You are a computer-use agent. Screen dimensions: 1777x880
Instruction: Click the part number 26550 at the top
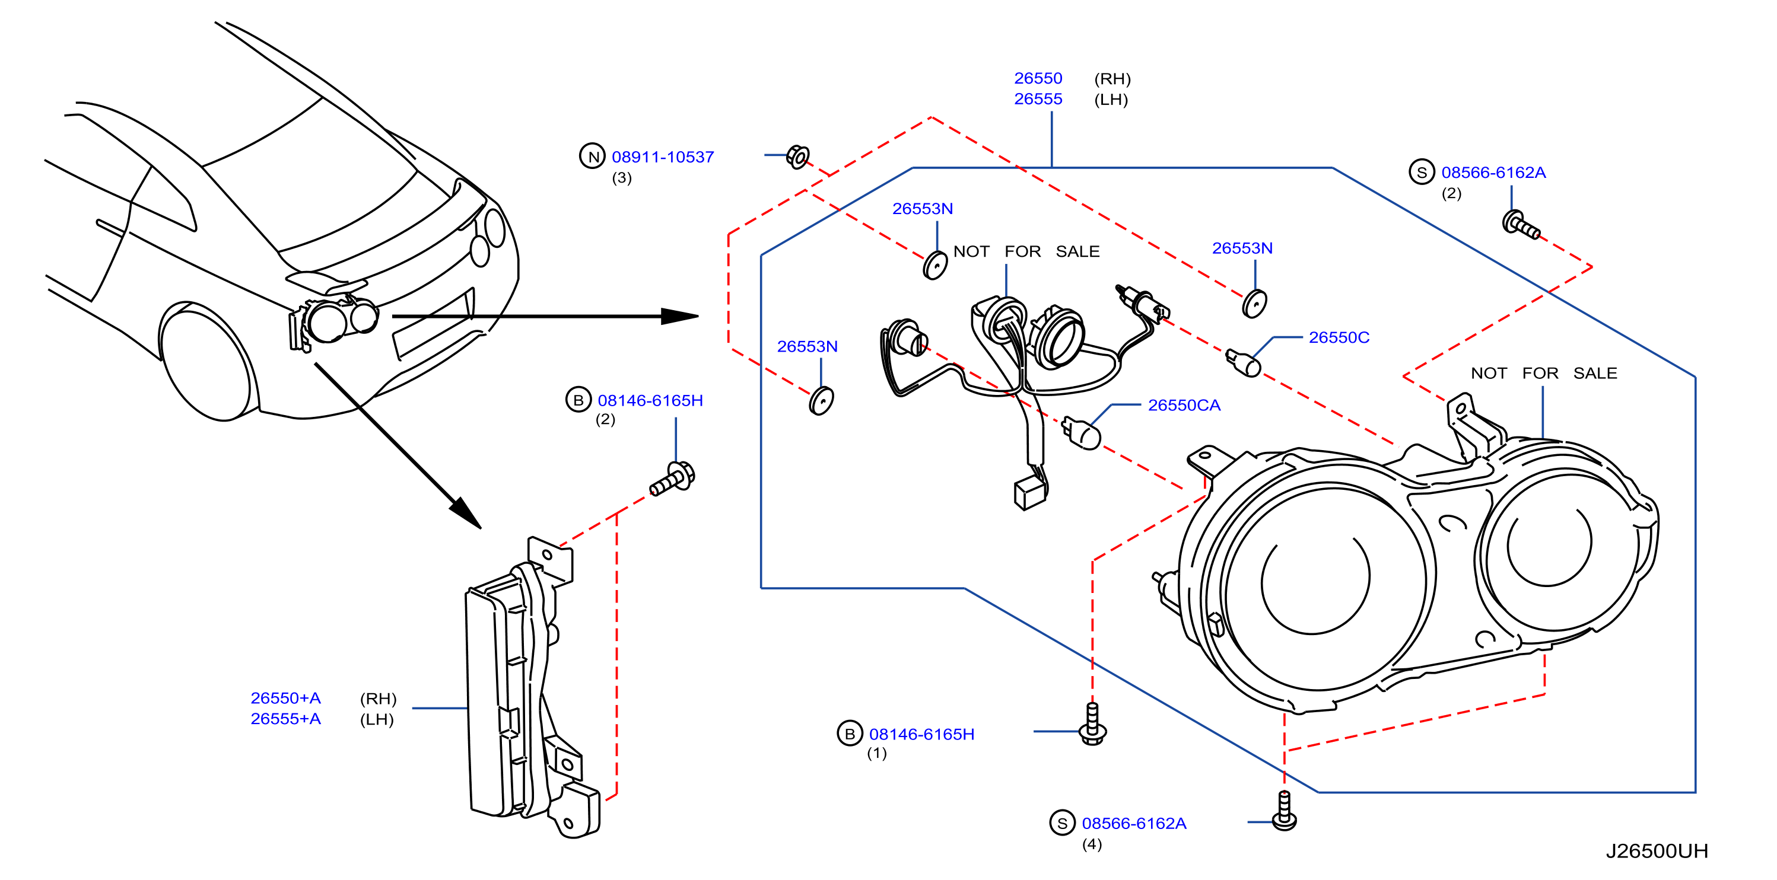pyautogui.click(x=1038, y=79)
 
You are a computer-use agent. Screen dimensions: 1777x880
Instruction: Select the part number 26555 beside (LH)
pyautogui.click(x=1038, y=99)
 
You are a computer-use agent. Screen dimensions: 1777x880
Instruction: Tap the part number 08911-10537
pyautogui.click(x=662, y=157)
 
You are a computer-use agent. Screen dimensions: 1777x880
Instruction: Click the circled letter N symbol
pyautogui.click(x=593, y=157)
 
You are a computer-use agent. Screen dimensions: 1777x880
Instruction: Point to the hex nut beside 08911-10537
pyautogui.click(x=798, y=157)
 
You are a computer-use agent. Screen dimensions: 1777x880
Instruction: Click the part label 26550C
pyautogui.click(x=1339, y=337)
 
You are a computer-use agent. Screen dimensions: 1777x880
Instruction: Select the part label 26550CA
pyautogui.click(x=1184, y=406)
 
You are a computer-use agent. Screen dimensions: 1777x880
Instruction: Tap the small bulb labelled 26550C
pyautogui.click(x=1244, y=363)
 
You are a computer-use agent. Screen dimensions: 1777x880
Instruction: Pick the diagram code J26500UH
pyautogui.click(x=1657, y=851)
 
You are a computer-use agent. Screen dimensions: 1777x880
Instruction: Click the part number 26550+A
pyautogui.click(x=285, y=699)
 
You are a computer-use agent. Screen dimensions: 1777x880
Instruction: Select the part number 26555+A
pyautogui.click(x=285, y=719)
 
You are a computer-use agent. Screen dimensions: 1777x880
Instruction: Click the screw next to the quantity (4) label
pyautogui.click(x=1284, y=811)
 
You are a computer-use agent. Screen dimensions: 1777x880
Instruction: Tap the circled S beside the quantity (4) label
pyautogui.click(x=1062, y=822)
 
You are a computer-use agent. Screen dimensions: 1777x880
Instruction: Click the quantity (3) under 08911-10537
pyautogui.click(x=622, y=178)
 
